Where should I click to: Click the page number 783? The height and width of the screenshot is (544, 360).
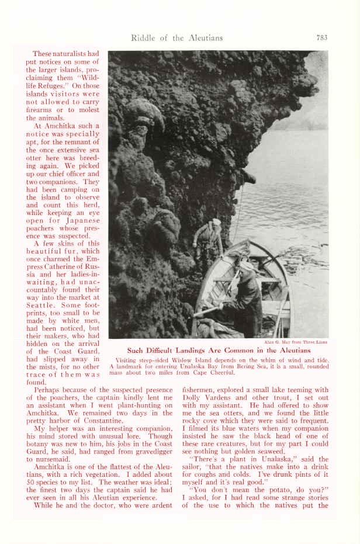[x=321, y=38]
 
